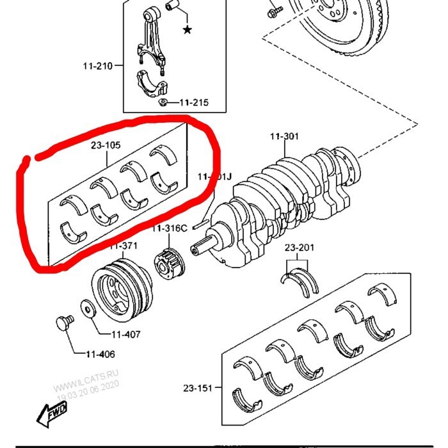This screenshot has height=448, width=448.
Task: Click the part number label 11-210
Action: [x=97, y=66]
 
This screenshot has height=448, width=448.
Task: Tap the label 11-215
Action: [x=193, y=102]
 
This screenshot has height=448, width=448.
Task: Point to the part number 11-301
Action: [x=284, y=136]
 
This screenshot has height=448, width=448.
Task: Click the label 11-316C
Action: [x=169, y=229]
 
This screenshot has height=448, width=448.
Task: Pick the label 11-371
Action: [x=124, y=246]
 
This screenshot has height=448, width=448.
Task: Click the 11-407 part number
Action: [x=125, y=334]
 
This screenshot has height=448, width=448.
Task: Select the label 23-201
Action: [x=299, y=248]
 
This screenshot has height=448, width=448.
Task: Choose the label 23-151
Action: [x=198, y=388]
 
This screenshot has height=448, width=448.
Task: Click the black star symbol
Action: [x=187, y=30]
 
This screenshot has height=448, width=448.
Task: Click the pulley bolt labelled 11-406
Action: [x=63, y=323]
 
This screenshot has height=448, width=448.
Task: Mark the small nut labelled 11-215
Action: [x=164, y=102]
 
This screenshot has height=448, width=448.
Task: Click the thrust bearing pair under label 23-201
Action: [x=300, y=282]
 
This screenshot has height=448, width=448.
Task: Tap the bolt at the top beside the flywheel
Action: [x=274, y=12]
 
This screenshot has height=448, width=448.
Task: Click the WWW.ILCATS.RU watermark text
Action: [x=86, y=381]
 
